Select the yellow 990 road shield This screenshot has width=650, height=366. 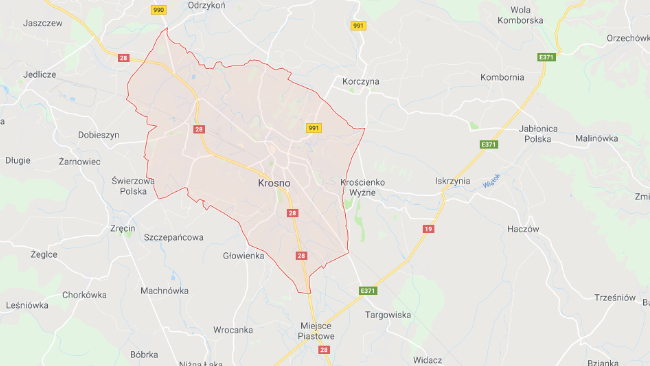click(x=159, y=9)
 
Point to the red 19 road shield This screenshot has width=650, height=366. click(x=428, y=229)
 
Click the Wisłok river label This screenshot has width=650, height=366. click(x=491, y=182)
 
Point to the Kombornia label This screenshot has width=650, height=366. click(x=502, y=77)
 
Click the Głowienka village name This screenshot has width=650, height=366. click(x=243, y=256)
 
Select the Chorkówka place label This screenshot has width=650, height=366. click(x=84, y=295)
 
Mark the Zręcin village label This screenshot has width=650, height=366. click(x=123, y=228)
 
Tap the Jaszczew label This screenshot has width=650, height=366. click(x=42, y=22)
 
